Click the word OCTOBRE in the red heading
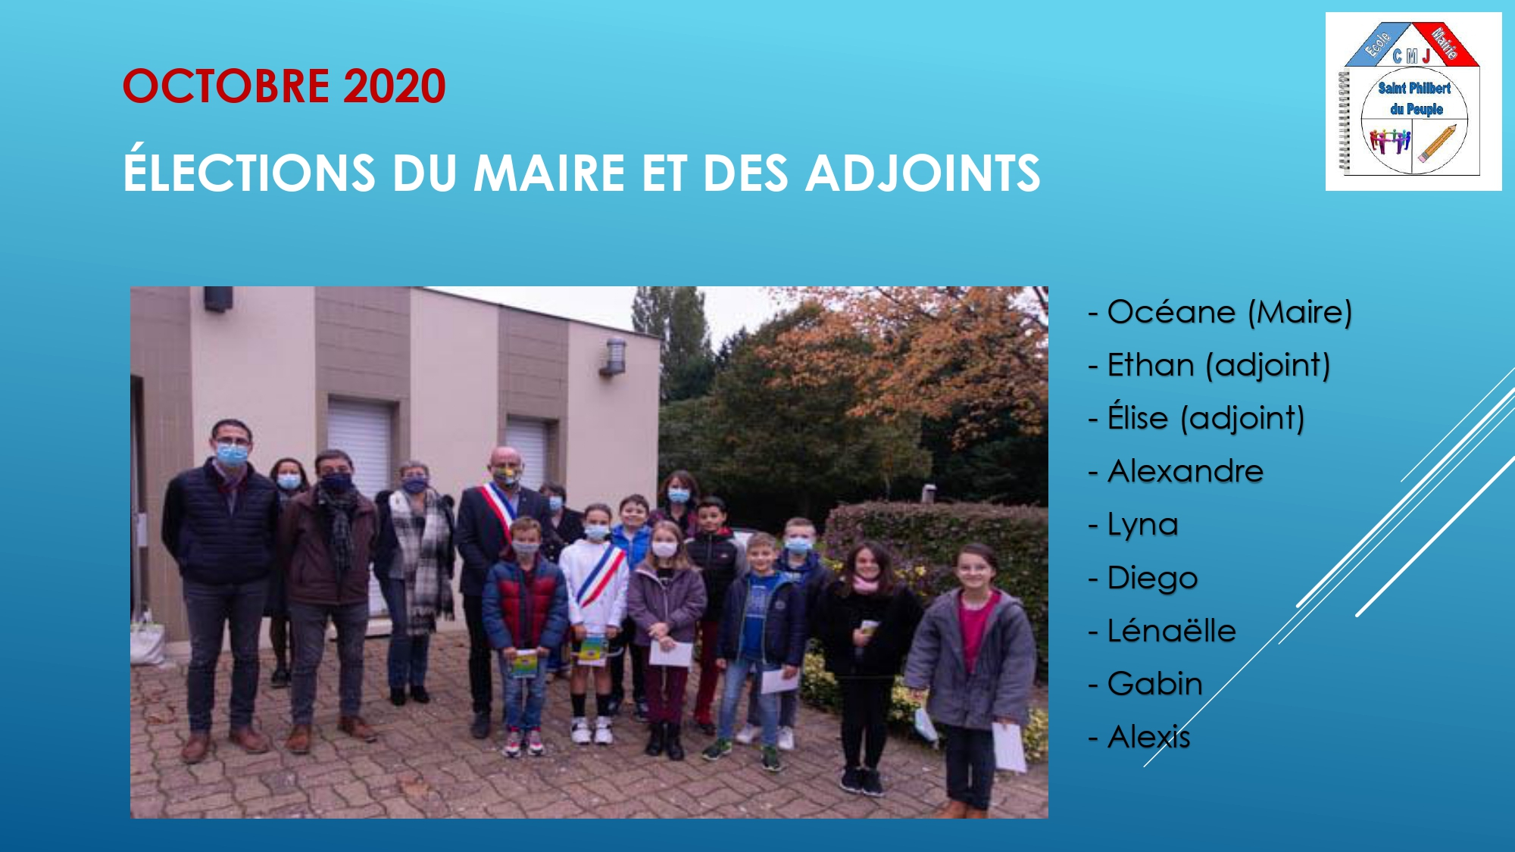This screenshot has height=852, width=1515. pyautogui.click(x=226, y=86)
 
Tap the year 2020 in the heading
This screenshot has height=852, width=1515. pyautogui.click(x=395, y=86)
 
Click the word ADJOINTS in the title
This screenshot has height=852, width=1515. pyautogui.click(x=923, y=173)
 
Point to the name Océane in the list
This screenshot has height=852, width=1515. pyautogui.click(x=1171, y=312)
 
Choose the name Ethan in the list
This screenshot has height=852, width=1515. pyautogui.click(x=1151, y=365)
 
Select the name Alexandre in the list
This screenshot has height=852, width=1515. pyautogui.click(x=1185, y=471)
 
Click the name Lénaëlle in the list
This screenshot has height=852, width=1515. pyautogui.click(x=1171, y=629)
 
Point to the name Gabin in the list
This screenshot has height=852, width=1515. pyautogui.click(x=1155, y=684)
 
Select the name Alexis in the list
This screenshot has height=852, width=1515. pyautogui.click(x=1149, y=737)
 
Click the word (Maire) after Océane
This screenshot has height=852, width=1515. pyautogui.click(x=1300, y=313)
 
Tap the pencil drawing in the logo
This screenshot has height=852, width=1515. pyautogui.click(x=1437, y=143)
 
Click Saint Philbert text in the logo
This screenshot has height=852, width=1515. pyautogui.click(x=1414, y=88)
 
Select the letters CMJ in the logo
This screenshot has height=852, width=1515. pyautogui.click(x=1411, y=55)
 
